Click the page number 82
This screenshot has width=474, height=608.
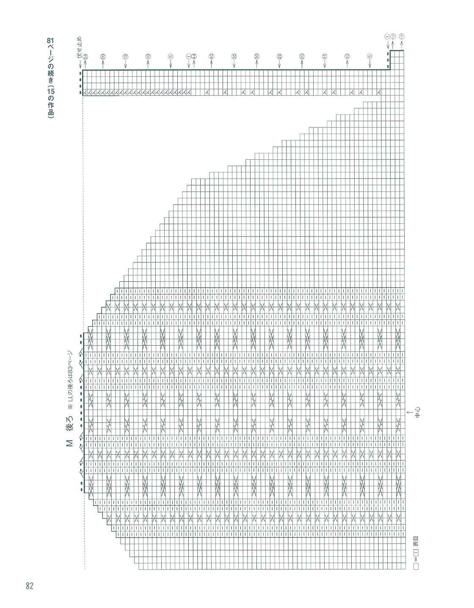click(x=29, y=586)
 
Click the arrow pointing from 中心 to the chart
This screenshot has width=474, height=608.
click(x=409, y=412)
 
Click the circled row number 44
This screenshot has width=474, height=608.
click(x=194, y=56)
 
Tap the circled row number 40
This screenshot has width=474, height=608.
click(x=211, y=56)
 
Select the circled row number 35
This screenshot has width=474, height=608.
click(x=234, y=56)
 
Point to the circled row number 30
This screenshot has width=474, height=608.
click(x=256, y=56)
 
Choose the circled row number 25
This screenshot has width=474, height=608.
click(x=279, y=56)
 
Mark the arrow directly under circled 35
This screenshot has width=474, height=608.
click(x=234, y=65)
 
